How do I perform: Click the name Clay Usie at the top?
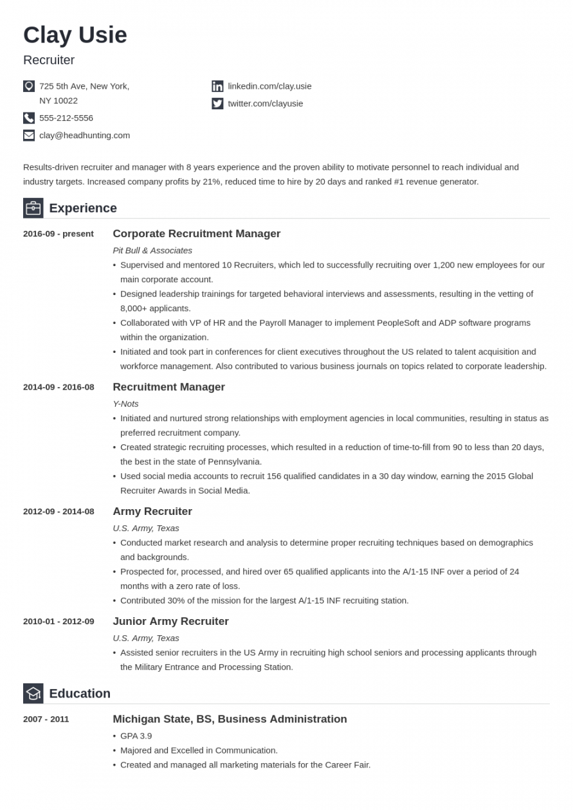75,35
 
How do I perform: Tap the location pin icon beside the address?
29,86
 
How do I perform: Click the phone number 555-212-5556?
66,118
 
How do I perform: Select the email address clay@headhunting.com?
84,135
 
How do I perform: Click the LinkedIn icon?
217,86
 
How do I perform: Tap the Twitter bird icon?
217,104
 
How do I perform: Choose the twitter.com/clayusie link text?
265,104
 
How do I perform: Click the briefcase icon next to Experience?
33,208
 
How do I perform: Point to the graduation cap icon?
33,694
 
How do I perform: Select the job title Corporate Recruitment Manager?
196,234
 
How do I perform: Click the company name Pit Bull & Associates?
152,250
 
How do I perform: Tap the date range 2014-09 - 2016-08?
59,387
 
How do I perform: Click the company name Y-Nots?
125,404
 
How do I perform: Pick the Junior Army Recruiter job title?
170,622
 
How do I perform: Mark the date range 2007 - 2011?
46,719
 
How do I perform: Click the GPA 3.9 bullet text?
136,736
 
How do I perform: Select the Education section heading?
80,694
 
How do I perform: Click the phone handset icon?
29,118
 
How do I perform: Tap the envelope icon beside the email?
29,135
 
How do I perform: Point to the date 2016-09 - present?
59,234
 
